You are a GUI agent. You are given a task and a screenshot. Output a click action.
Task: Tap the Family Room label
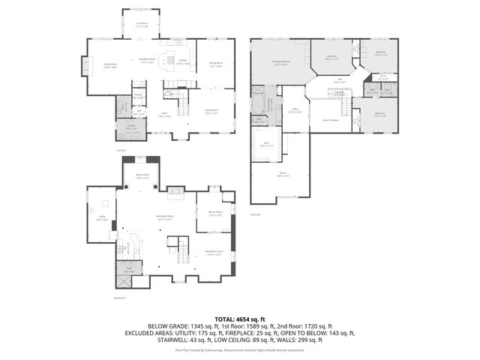(x=110, y=65)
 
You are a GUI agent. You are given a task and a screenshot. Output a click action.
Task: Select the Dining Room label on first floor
(x=216, y=64)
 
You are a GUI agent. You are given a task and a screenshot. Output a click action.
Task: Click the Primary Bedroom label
(x=281, y=64)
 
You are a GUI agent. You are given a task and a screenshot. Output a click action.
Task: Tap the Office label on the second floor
(x=296, y=110)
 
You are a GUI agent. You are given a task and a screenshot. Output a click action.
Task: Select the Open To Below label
(x=330, y=119)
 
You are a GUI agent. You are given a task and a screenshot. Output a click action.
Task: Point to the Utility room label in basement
(x=102, y=218)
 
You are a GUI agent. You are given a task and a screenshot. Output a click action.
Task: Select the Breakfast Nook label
(x=147, y=60)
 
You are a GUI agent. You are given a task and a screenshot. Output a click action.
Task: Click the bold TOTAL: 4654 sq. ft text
(x=240, y=319)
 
